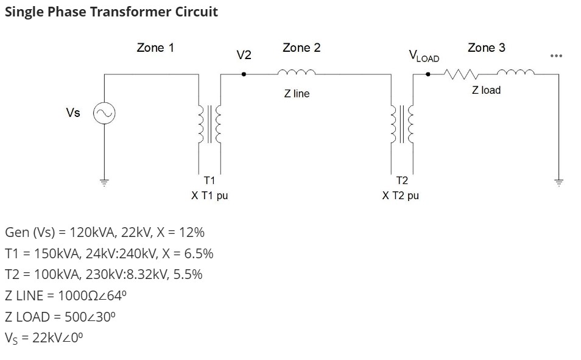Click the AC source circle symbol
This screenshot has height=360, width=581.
click(x=104, y=113)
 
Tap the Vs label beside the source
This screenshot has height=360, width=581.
click(x=72, y=113)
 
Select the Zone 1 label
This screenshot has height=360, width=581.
click(x=155, y=48)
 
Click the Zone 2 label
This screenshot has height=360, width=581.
click(x=301, y=48)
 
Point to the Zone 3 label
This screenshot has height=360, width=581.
click(x=486, y=48)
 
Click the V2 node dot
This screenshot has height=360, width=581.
click(x=244, y=74)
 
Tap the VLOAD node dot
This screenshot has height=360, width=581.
click(x=428, y=74)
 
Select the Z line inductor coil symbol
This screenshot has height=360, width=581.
click(x=297, y=72)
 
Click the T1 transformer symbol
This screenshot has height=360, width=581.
click(x=209, y=124)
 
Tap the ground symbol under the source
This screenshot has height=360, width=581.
click(x=104, y=182)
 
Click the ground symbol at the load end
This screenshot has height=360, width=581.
click(x=558, y=182)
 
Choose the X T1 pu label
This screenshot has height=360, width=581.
click(x=210, y=196)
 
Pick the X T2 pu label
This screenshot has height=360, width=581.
click(x=401, y=196)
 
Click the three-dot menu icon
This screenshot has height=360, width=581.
click(x=556, y=56)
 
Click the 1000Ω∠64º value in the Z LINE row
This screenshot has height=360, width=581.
click(x=92, y=295)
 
